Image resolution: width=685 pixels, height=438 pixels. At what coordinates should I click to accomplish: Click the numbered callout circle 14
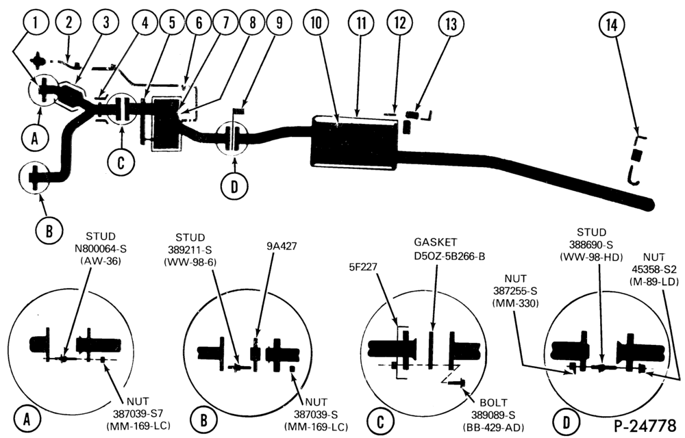pos(612,25)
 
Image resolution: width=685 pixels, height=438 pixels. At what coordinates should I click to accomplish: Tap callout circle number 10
pos(316,23)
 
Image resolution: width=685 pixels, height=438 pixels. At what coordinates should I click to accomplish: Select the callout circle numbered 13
pos(451,23)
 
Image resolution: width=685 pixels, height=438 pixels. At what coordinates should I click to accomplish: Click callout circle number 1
pos(36,23)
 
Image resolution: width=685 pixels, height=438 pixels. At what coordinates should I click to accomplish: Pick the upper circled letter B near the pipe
pos(49,231)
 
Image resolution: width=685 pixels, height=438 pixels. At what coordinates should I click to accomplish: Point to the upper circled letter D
pos(234,186)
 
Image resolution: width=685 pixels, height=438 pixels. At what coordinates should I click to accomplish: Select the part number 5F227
pos(363,266)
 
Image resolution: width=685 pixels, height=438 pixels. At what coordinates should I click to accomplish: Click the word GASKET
pos(435,242)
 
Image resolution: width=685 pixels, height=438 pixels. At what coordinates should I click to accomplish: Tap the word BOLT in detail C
pos(494,402)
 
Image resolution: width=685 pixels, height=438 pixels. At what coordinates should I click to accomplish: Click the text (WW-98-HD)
pos(591,257)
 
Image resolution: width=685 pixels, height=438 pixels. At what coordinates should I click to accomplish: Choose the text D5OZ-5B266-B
pos(449,256)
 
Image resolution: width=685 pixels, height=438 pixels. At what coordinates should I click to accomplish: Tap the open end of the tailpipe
pos(650,203)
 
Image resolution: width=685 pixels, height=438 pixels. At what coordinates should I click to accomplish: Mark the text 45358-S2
pos(653,270)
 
